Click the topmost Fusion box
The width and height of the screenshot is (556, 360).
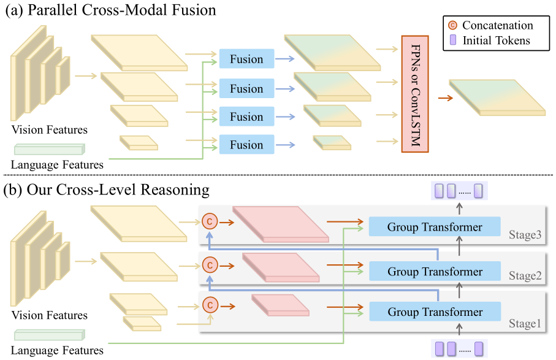pos(246,59)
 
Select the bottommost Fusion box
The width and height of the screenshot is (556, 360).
pos(246,145)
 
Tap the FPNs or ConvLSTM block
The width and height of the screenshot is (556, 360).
pos(414,94)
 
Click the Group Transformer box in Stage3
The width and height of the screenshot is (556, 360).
pos(435,227)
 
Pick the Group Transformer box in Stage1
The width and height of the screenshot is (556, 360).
pos(435,312)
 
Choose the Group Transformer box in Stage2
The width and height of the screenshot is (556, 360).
pos(435,271)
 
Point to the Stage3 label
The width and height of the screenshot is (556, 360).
pos(525,234)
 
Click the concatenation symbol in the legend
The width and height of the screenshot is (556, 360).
pos(453,26)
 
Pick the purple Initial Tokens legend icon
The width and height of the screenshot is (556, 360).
pos(453,40)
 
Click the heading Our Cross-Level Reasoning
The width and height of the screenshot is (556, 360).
pos(116,190)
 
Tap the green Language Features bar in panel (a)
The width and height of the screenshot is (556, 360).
pos(48,149)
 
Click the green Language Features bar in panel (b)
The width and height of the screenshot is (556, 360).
pos(48,335)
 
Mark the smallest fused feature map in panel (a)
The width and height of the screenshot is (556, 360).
pos(332,142)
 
